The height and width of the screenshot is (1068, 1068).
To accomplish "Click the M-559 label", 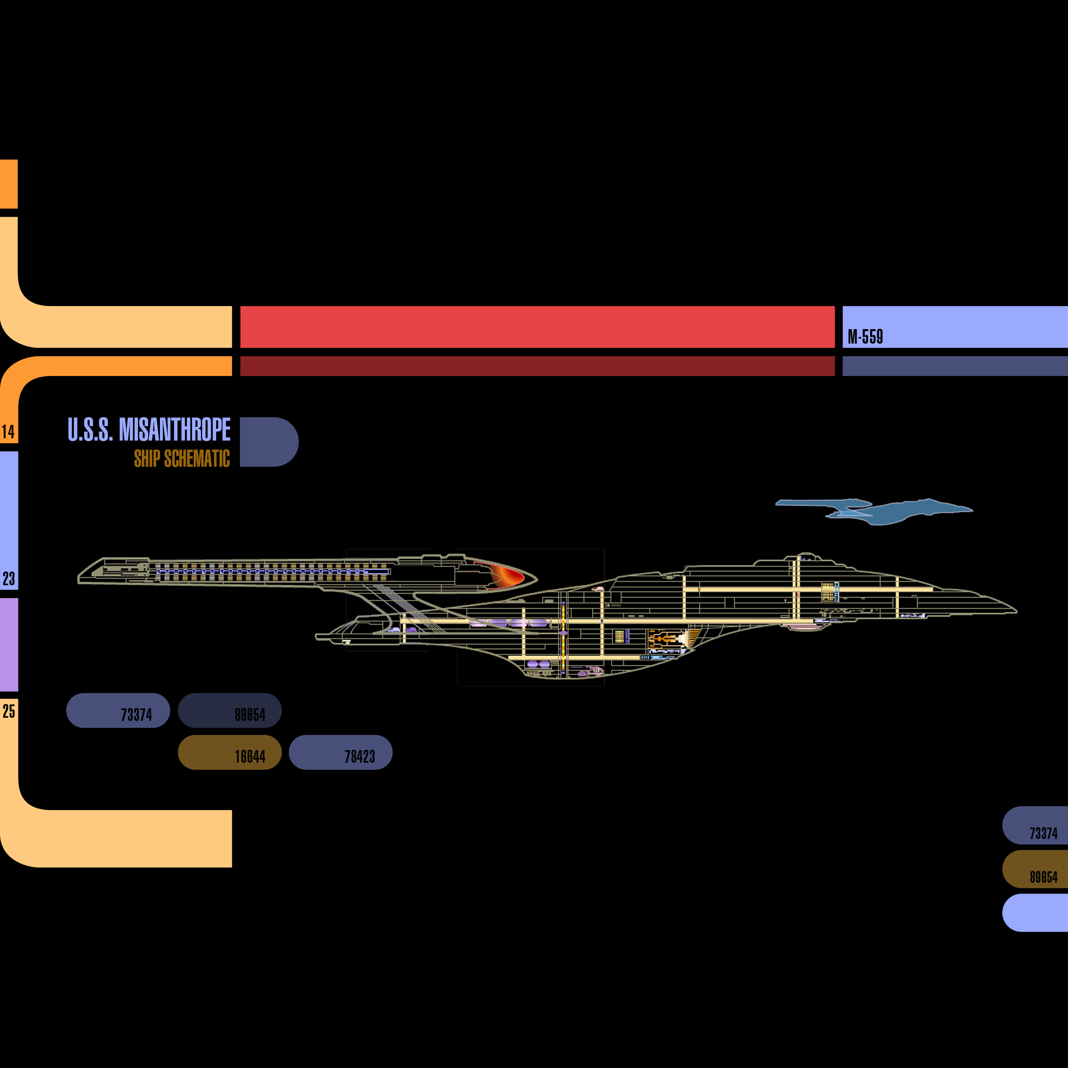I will coord(865,337).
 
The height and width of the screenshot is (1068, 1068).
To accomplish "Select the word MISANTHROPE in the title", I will coord(175,430).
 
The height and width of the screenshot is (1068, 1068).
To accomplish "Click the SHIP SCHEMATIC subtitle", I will coord(181,458).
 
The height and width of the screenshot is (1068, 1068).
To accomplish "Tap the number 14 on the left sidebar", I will coord(8,432).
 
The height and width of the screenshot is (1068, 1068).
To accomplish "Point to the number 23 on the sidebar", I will coord(9,579).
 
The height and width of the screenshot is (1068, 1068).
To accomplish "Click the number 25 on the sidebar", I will coord(9,711).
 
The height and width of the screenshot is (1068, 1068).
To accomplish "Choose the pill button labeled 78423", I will coord(340,753).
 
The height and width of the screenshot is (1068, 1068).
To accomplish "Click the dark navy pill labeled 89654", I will coord(229,710).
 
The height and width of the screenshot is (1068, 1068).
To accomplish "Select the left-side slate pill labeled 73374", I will coord(118,710).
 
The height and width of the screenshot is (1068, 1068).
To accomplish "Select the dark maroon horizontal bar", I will coord(537,366).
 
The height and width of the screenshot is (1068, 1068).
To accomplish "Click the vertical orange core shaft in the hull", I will coord(563,636).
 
